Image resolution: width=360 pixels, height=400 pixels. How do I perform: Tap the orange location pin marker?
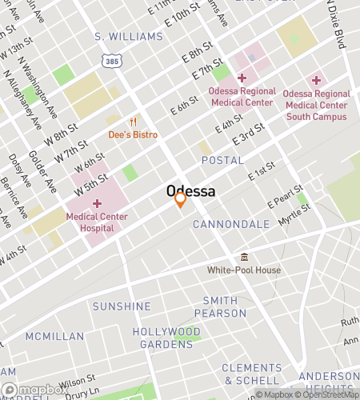(x=181, y=199)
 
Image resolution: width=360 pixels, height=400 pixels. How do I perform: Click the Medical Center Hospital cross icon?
(x=97, y=203)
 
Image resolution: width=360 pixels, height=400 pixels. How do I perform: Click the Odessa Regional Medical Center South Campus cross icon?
(x=316, y=80)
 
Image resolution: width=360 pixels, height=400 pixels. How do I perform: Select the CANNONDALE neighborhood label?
(x=231, y=225)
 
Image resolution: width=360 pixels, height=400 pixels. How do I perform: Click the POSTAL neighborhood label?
(x=222, y=161)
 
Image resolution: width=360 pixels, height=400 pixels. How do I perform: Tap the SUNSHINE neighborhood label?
(x=122, y=306)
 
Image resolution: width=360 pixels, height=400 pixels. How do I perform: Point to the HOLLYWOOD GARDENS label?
(x=166, y=338)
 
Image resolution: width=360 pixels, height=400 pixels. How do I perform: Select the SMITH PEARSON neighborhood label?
(x=220, y=307)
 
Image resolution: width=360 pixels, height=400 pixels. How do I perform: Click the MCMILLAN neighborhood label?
(x=54, y=336)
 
